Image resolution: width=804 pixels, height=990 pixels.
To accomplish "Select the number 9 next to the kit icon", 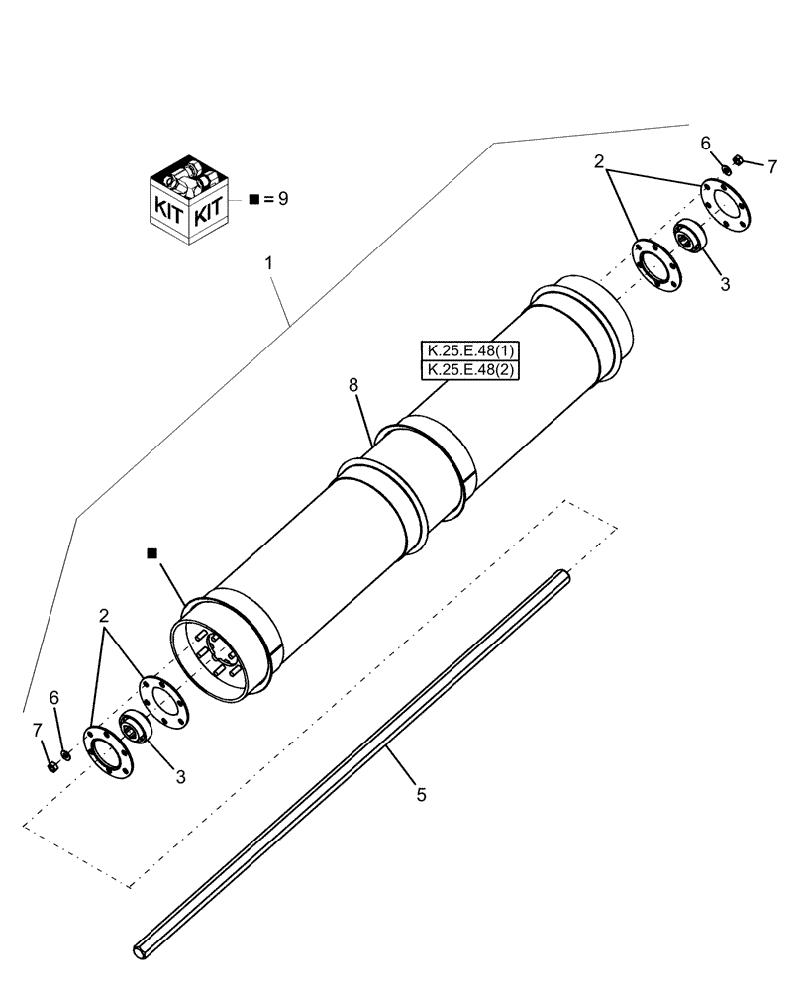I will tap(282, 199).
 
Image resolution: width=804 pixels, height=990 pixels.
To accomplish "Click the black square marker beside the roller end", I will tap(151, 555).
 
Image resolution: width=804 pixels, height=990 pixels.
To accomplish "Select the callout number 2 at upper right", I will tap(600, 160).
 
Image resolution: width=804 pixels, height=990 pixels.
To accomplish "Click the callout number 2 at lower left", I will tap(102, 617).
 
